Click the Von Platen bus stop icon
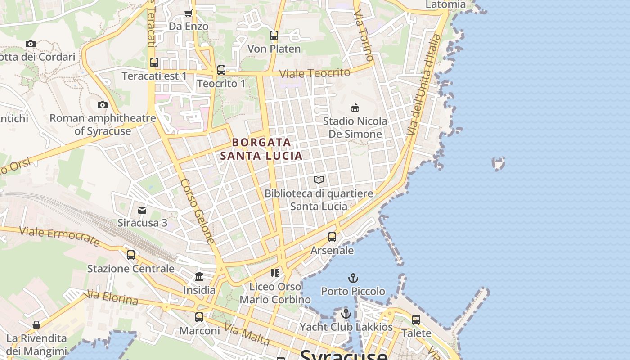click(274, 36)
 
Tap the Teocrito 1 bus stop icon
click(221, 70)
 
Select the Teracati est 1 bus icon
click(154, 63)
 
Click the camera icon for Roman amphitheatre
click(103, 105)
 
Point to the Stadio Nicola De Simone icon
click(355, 108)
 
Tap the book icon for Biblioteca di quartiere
click(319, 180)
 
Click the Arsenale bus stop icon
click(332, 237)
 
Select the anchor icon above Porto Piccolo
click(353, 278)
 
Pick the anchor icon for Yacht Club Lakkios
click(346, 314)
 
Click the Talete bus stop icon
click(416, 320)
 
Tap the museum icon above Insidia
click(199, 277)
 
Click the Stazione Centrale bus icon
click(131, 255)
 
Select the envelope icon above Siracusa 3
click(142, 210)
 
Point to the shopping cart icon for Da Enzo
click(189, 13)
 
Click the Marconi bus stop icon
click(199, 317)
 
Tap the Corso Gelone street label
click(198, 211)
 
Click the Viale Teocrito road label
click(315, 73)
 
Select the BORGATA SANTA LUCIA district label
click(261, 149)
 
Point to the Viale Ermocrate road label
click(59, 236)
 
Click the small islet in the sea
click(499, 163)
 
